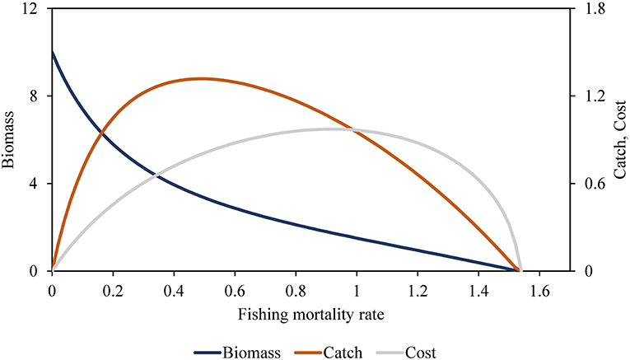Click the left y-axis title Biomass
click(x=8, y=139)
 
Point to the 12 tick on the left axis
click(x=33, y=8)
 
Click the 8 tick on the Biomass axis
click(x=36, y=96)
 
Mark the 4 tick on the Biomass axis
click(x=36, y=183)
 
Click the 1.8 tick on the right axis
click(x=595, y=8)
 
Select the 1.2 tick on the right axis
click(x=595, y=96)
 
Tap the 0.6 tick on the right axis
click(x=595, y=183)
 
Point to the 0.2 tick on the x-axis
click(x=113, y=290)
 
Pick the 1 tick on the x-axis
click(x=357, y=290)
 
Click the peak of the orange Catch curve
click(x=201, y=78)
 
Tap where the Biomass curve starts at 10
click(x=53, y=53)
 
